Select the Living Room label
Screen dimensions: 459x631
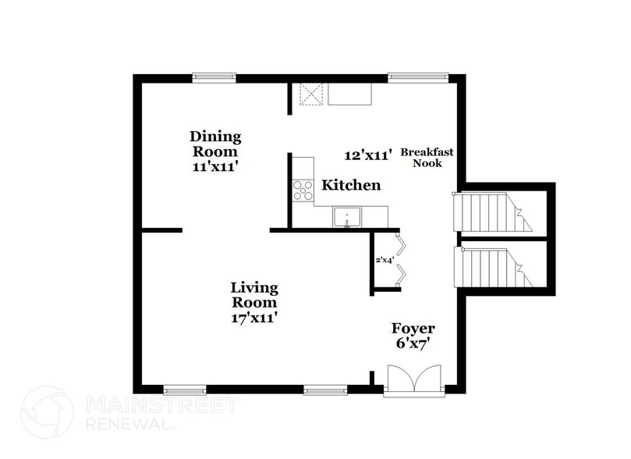(254, 295)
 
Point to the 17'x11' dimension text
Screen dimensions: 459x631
(254, 318)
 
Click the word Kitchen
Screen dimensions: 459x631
(352, 185)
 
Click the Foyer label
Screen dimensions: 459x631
(414, 328)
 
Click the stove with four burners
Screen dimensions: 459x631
(302, 190)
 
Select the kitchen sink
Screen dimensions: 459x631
(345, 216)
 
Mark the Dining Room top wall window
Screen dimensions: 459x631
(214, 76)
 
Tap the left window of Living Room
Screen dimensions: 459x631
(185, 389)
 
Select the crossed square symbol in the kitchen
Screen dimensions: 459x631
(311, 94)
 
